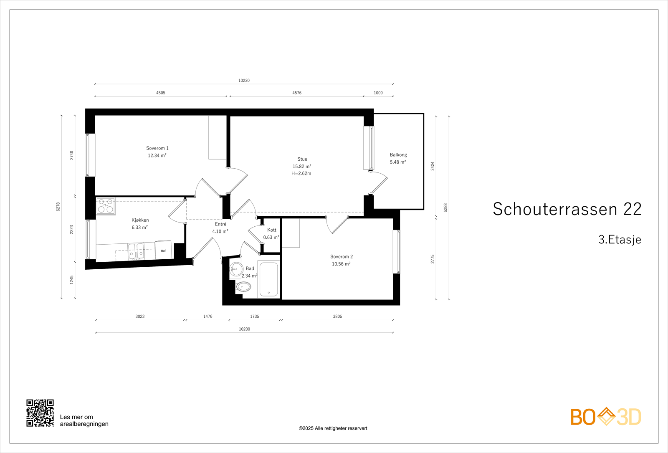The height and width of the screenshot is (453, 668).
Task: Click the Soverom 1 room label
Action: coord(157,148)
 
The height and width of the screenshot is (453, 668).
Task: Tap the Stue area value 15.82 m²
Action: coord(301,167)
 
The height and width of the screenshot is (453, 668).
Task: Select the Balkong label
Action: coord(398,155)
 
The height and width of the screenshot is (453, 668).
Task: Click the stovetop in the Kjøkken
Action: coord(106,206)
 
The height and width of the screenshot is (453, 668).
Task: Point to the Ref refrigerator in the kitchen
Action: coord(163,250)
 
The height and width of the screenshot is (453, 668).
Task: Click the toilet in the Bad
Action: coord(243,287)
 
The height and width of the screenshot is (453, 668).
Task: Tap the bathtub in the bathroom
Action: coord(268,279)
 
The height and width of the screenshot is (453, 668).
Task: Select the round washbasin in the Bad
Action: coord(236,269)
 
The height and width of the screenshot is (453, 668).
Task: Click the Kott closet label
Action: coord(272,230)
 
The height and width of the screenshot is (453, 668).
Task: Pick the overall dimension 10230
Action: coord(244,81)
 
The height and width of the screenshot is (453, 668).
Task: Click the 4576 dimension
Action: coord(297,93)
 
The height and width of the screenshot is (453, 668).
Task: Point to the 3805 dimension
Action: coord(337,316)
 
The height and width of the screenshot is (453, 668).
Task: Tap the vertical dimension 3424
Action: coord(433,166)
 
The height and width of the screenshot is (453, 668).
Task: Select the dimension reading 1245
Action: coord(71,280)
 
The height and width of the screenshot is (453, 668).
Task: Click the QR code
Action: coord(40,413)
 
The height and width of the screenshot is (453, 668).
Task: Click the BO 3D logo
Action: coord(606,417)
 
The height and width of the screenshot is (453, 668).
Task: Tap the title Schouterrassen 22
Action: coord(567,209)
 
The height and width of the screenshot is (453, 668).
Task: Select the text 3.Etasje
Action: coord(620,240)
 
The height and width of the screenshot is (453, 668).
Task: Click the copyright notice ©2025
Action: coord(333,428)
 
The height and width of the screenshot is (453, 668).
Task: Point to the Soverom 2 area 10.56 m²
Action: coord(341,264)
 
